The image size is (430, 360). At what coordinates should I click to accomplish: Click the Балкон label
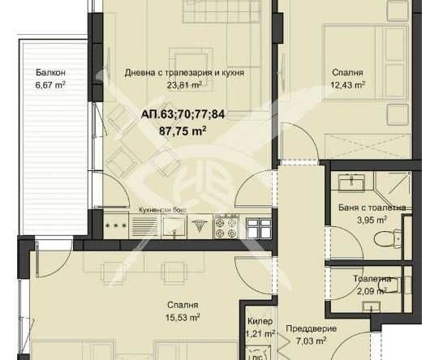pos(49,72)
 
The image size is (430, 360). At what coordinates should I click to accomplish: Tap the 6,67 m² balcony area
pos(49,84)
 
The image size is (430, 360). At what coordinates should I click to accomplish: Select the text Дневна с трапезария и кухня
pos(184,73)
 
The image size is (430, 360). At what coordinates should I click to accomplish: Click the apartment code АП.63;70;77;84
pos(183,114)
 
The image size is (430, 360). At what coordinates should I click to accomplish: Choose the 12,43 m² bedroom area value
pos(348,84)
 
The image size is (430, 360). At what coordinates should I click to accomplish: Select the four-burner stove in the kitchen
pos(225,228)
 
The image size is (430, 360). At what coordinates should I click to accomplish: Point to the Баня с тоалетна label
pos(372,208)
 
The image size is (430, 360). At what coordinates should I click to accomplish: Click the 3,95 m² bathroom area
pos(372,220)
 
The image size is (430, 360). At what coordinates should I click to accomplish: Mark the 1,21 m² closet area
pos(260,333)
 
